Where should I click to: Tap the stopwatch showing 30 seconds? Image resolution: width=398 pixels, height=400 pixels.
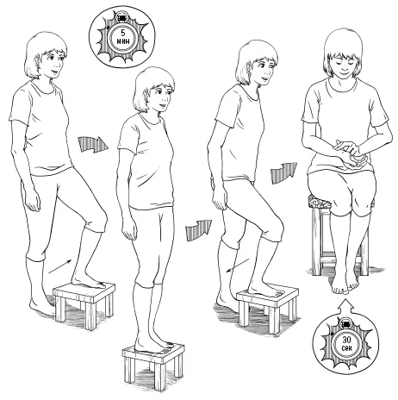point(345,343)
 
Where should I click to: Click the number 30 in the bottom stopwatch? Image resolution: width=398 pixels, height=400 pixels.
point(346,340)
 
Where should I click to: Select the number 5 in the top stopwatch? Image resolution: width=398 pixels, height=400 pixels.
point(123,33)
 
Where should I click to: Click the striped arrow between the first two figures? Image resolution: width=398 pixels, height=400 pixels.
point(92,144)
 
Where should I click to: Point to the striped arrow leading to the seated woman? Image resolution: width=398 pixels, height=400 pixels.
point(283,172)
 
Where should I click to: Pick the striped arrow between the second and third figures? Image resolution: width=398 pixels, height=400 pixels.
point(198,230)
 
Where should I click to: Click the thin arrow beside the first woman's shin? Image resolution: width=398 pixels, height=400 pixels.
point(60,266)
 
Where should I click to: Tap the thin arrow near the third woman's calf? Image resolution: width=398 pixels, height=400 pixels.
point(238,265)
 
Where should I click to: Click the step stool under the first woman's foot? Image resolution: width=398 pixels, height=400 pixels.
point(84,304)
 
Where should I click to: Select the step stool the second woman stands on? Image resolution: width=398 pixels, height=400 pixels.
point(153,365)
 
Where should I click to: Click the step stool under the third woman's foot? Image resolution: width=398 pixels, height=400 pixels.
point(268,310)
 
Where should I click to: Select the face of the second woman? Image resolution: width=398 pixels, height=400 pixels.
point(159,97)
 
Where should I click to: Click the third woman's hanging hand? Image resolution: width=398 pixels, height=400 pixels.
point(220,201)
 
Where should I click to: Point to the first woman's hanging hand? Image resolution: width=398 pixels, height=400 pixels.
point(33,201)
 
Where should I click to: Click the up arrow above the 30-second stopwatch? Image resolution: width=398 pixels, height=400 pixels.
point(345,307)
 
